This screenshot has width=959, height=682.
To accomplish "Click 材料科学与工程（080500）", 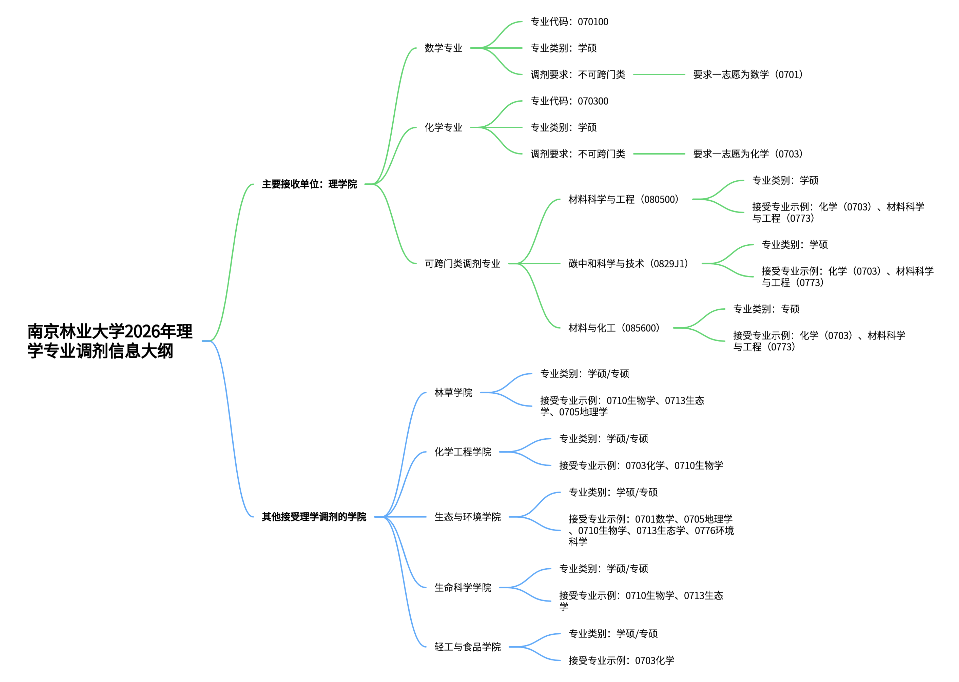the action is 624,199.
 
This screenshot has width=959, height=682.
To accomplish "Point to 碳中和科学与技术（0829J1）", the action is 628,264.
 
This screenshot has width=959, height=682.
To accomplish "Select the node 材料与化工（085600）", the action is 614,328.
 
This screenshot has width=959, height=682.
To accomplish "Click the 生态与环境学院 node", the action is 467,517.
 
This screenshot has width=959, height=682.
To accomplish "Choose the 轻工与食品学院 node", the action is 467,647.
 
